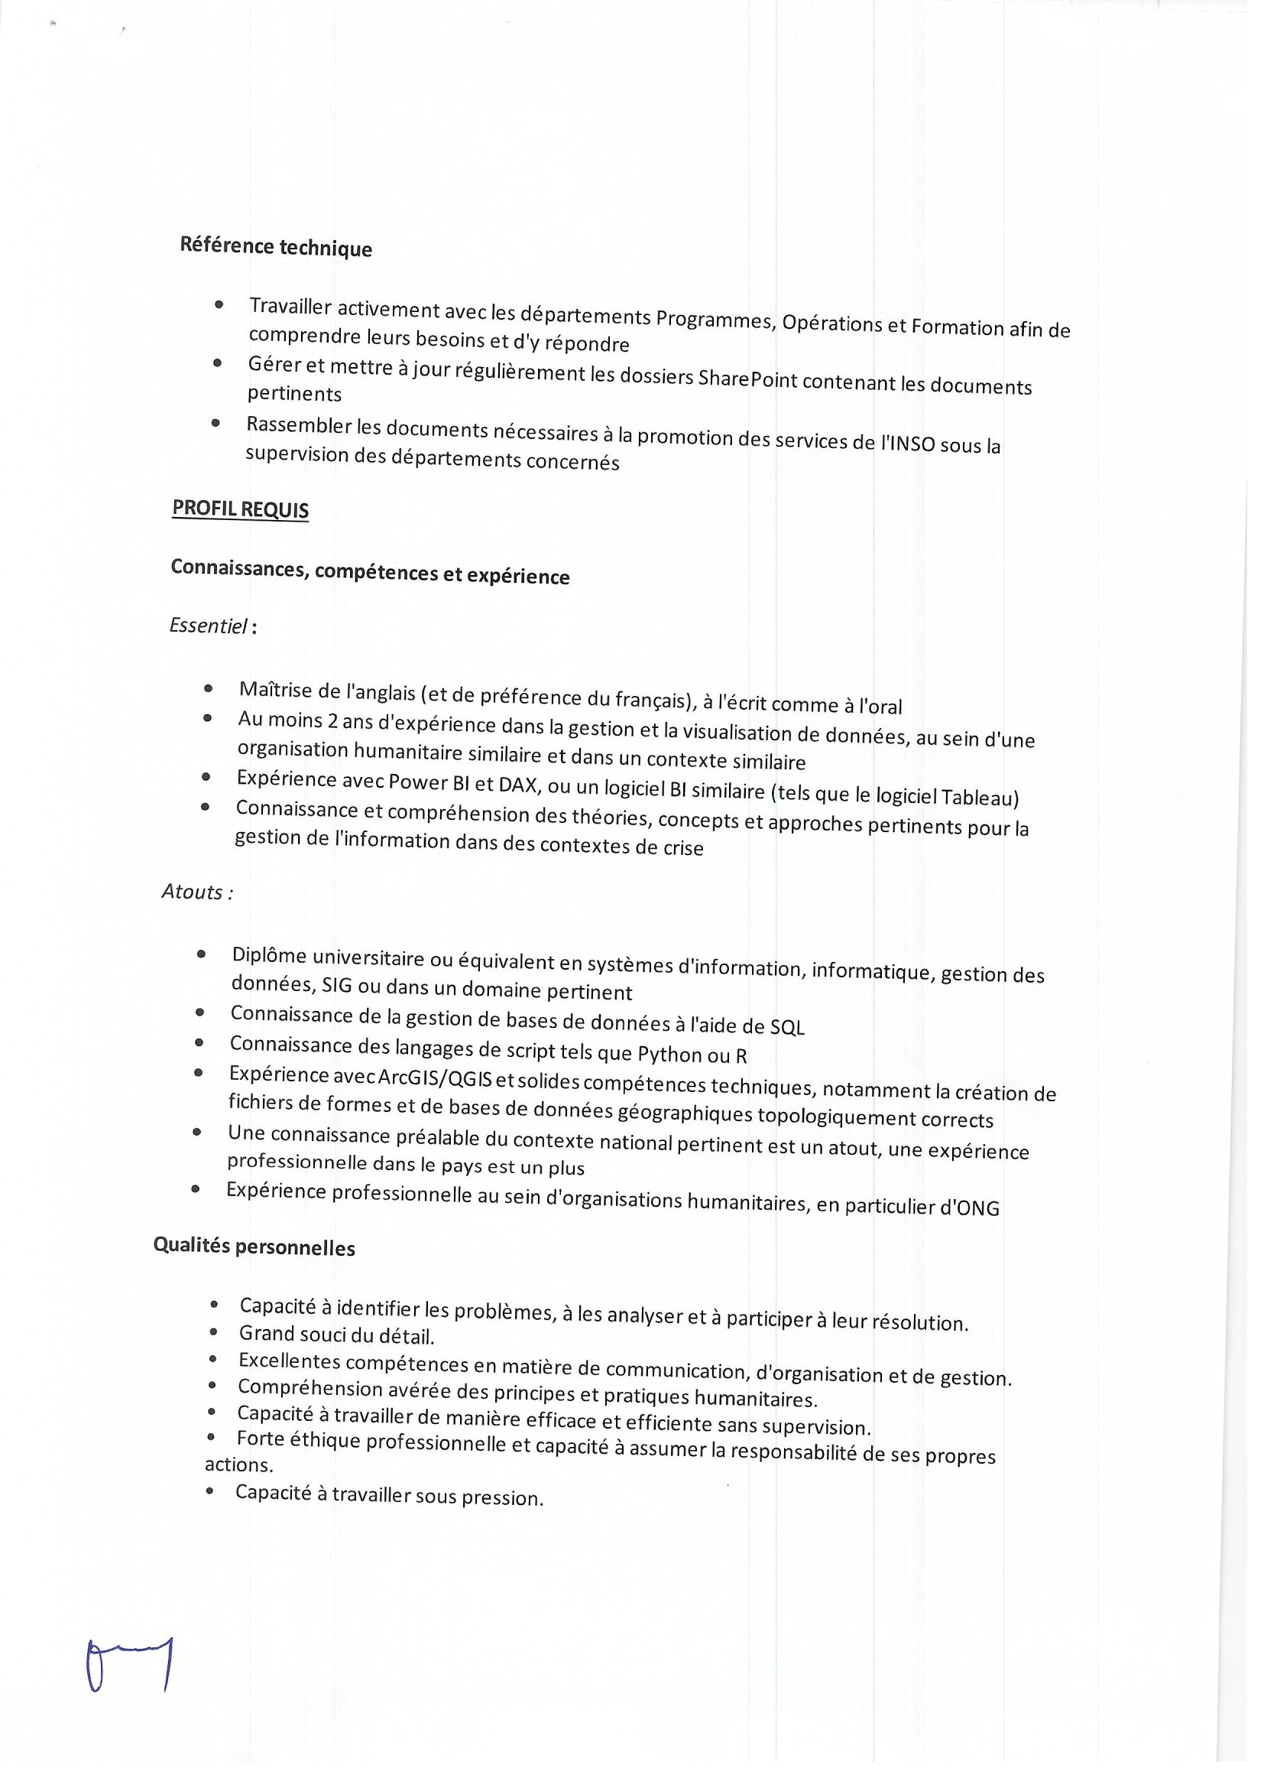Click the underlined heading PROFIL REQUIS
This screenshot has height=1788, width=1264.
pyautogui.click(x=241, y=509)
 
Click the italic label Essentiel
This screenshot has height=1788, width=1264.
pyautogui.click(x=209, y=626)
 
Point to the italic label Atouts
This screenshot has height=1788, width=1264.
pyautogui.click(x=195, y=892)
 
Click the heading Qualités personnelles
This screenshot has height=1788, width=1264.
pyautogui.click(x=254, y=1247)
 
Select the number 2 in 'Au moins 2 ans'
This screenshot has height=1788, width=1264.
pyautogui.click(x=332, y=721)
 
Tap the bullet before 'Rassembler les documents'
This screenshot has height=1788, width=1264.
pyautogui.click(x=216, y=424)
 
